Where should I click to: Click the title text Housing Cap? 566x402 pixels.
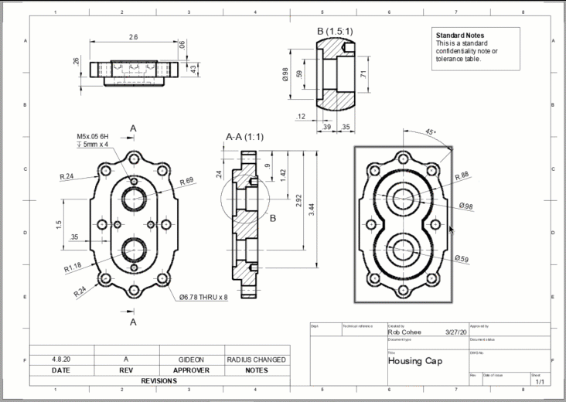415,361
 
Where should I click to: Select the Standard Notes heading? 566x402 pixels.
459,36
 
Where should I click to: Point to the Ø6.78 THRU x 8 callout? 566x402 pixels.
203,297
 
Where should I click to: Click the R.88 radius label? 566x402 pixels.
462,175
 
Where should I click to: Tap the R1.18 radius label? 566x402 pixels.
73,268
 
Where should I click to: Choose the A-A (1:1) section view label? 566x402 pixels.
244,137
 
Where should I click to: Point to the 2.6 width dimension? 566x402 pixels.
133,37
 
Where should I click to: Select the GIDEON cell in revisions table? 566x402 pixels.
191,359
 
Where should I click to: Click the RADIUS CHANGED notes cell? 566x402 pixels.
257,359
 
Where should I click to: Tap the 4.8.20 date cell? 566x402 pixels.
61,359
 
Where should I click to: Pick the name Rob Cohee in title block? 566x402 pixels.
405,332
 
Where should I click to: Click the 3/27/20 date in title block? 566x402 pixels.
456,332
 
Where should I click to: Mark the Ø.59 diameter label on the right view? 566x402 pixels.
462,258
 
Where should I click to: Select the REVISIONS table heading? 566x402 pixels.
159,381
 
